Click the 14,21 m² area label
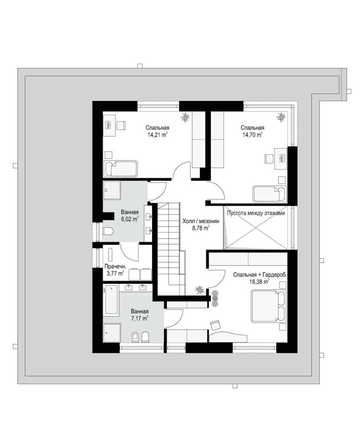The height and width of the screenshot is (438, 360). point(157,135)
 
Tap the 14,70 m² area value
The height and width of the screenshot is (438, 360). point(253,135)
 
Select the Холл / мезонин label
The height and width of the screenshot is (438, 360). point(201,221)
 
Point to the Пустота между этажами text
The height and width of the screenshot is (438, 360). point(256,213)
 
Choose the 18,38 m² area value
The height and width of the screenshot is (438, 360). point(259,282)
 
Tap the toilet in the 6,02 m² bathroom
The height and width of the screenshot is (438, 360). point(108,231)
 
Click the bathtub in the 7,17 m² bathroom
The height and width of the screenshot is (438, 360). point(111,299)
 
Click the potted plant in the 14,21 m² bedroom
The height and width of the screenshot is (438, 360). point(185,117)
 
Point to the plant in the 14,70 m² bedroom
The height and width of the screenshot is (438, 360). point(281,117)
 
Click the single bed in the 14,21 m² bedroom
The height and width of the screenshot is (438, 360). point(120,169)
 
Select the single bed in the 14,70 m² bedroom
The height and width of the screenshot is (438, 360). point(269,194)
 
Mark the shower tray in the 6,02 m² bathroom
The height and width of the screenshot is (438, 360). point(112,190)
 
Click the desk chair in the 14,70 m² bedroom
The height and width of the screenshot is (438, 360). point(269,159)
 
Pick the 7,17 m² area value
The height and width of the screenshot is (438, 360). point(139,318)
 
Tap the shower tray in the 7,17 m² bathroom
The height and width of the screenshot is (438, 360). point(112,333)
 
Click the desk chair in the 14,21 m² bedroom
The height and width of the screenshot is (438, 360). point(121,125)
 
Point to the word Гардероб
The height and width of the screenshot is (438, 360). point(275,275)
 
